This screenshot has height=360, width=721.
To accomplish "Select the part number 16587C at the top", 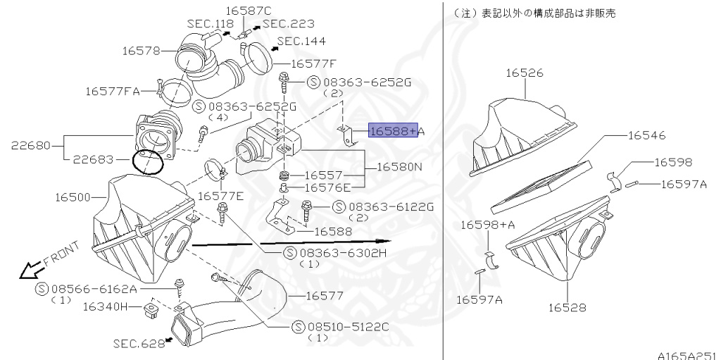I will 248,11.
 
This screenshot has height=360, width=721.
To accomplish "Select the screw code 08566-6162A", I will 94,289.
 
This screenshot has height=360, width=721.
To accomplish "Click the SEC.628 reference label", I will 136,343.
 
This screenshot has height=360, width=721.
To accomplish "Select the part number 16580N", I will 399,168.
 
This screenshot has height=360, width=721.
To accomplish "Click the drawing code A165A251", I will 688,355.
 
